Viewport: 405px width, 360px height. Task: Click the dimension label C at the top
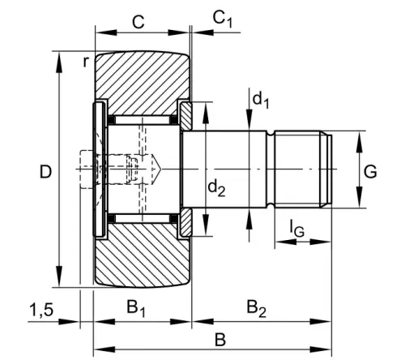tap(139, 22)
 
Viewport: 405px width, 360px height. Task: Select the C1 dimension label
tap(222, 19)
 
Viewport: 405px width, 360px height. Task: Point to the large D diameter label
tap(45, 172)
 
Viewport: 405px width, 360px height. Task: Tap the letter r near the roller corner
tap(86, 62)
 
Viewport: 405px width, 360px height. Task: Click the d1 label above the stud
tap(261, 100)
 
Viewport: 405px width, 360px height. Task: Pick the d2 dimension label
tap(216, 187)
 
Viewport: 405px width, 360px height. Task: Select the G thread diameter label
tap(370, 172)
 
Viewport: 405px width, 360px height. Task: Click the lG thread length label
tap(296, 229)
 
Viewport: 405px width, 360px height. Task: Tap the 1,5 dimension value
tap(41, 310)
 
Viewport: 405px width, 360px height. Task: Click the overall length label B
tap(220, 340)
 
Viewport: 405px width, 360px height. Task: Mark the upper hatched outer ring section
tap(143, 81)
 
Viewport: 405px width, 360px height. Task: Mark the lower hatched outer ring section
tap(143, 255)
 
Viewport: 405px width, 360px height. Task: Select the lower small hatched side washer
tap(185, 222)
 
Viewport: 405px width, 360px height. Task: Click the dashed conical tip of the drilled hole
tap(157, 169)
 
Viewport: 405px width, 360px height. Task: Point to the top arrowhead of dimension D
tap(59, 62)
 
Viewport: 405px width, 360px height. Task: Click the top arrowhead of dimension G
tap(359, 143)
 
